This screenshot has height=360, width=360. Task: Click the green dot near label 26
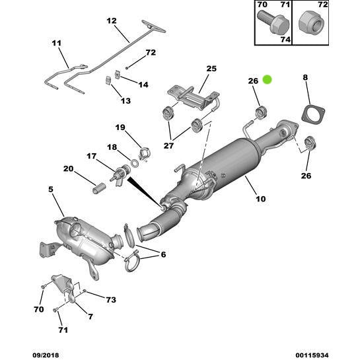coord(267,80)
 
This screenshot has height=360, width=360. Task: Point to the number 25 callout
coord(211,68)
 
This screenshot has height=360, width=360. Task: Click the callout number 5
coord(51,190)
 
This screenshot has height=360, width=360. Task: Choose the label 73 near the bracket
coord(110,300)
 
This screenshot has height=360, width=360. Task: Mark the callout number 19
coord(120,127)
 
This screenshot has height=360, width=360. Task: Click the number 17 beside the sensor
coord(90,157)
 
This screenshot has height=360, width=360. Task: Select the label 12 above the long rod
coord(111,21)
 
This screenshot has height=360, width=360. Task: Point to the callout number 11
coord(55,44)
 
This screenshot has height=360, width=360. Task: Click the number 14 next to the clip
coord(143,85)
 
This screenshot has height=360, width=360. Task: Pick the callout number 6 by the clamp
coord(163,254)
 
